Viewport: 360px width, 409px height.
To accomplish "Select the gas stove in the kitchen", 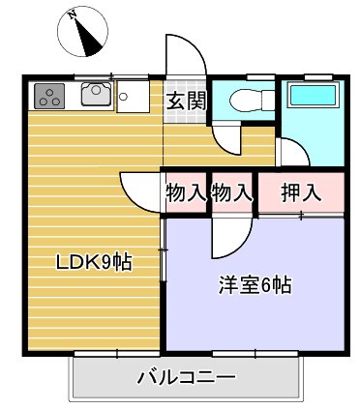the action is click(x=49, y=95).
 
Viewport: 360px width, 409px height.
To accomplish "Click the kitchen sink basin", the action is click(x=96, y=94).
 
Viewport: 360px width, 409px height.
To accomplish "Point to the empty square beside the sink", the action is click(x=131, y=95).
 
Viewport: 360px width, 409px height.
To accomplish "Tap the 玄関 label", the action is click(x=185, y=99).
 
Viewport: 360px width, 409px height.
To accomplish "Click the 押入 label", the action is click(x=301, y=191).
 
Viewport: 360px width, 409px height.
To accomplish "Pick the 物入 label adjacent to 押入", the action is click(x=232, y=191).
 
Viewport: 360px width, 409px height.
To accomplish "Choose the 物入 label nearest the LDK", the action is click(x=186, y=191).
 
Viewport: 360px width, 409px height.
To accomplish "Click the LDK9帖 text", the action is click(x=93, y=260).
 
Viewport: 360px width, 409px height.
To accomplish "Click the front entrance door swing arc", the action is click(x=187, y=53).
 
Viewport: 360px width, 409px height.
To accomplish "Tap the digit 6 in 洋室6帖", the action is click(x=267, y=285).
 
